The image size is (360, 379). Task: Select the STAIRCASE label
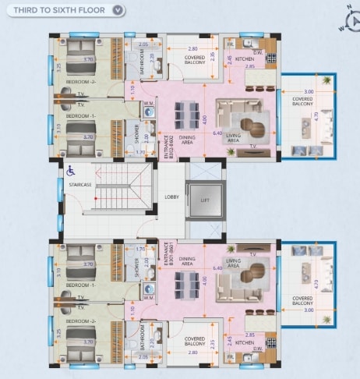point(80,185)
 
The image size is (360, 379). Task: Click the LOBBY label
point(172,197)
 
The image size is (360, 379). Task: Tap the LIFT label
point(205,200)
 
